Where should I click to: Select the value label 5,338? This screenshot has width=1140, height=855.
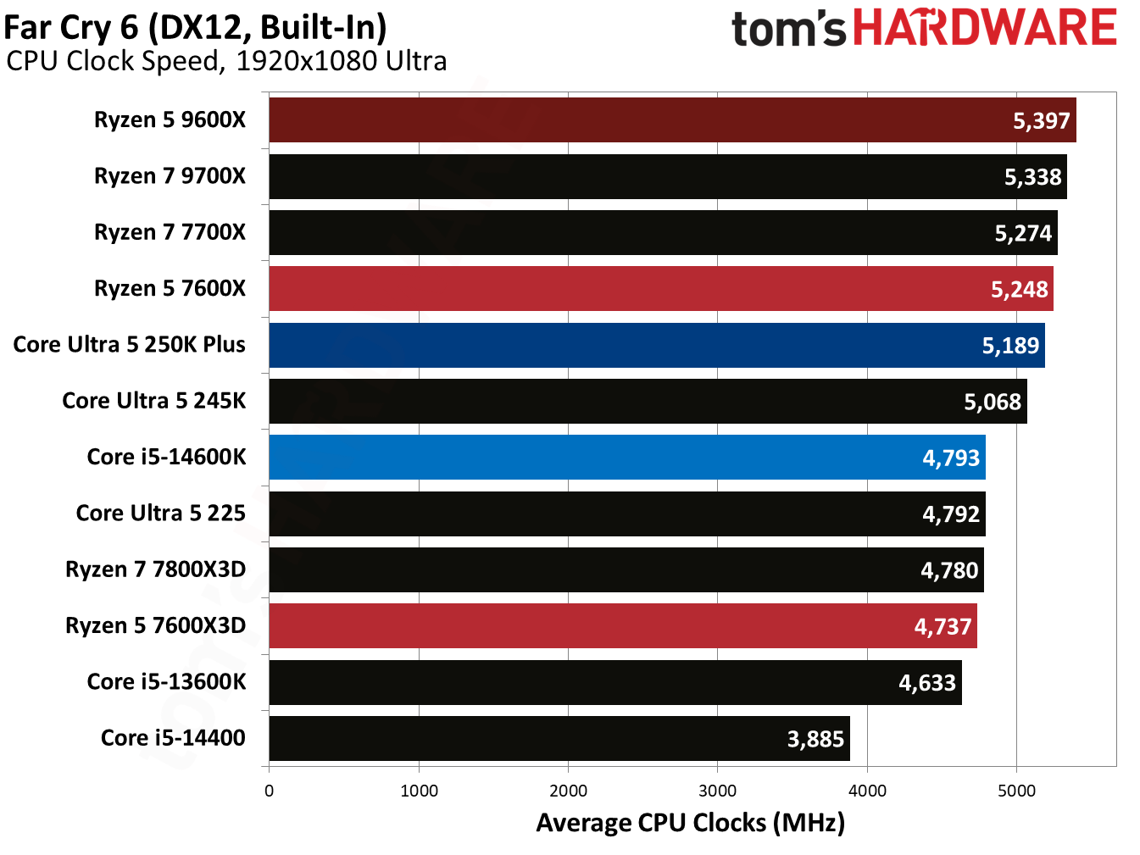click(x=1032, y=177)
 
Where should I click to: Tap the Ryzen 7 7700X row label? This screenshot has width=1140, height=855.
click(x=170, y=232)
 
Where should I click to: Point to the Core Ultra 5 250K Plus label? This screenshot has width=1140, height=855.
click(x=130, y=345)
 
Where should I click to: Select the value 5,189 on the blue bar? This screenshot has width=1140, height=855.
click(x=1009, y=346)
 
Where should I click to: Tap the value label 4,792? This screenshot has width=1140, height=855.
click(x=950, y=514)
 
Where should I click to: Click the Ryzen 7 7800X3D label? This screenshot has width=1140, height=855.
click(x=155, y=569)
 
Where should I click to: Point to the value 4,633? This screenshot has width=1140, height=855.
click(x=926, y=683)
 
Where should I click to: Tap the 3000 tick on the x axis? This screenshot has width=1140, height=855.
click(x=717, y=791)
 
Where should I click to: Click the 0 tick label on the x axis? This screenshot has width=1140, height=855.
click(x=269, y=791)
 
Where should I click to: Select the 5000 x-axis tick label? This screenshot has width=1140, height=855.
click(x=1016, y=791)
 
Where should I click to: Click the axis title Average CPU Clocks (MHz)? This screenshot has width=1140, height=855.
click(x=690, y=823)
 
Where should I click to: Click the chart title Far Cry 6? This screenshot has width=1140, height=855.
click(x=195, y=27)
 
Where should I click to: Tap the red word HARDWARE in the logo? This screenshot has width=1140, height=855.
click(x=984, y=28)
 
